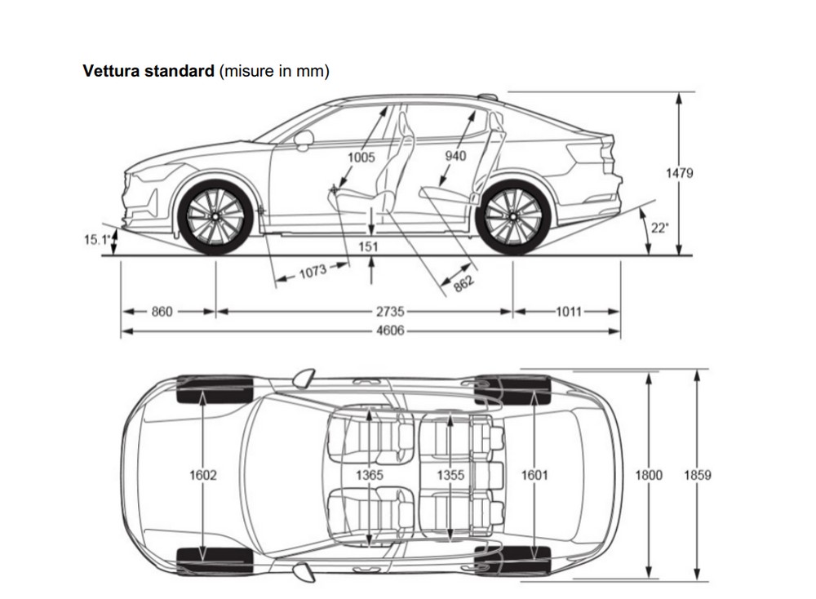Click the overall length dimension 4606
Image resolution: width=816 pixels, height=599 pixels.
[x=390, y=331]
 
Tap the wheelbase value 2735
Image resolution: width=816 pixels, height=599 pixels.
[x=390, y=311]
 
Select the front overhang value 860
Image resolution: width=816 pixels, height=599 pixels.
[x=162, y=311]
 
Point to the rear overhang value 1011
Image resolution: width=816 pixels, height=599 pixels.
[x=568, y=311]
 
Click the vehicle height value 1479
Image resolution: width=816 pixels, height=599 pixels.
[x=680, y=173]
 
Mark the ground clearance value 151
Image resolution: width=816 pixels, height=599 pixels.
[x=368, y=246]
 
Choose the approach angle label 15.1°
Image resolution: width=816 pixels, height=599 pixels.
[x=97, y=240]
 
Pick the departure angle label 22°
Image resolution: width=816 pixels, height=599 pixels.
[x=659, y=228]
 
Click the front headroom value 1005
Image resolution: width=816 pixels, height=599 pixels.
[x=361, y=157]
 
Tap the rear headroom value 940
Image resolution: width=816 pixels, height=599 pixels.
[x=455, y=156]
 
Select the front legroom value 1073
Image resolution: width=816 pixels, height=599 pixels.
[x=313, y=272]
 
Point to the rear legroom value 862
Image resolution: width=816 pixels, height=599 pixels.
[x=463, y=283]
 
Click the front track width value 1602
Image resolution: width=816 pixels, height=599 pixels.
[x=203, y=475]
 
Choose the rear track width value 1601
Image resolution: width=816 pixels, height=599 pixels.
[x=534, y=475]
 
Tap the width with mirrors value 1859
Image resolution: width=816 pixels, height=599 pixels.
[x=698, y=475]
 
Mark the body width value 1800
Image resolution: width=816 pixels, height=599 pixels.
[x=649, y=475]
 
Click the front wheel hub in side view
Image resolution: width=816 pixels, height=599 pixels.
[x=215, y=216]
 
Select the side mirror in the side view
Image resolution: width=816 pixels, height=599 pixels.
[x=304, y=140]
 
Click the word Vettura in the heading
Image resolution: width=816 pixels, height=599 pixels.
[x=111, y=71]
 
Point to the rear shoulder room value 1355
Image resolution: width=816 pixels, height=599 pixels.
[x=450, y=475]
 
